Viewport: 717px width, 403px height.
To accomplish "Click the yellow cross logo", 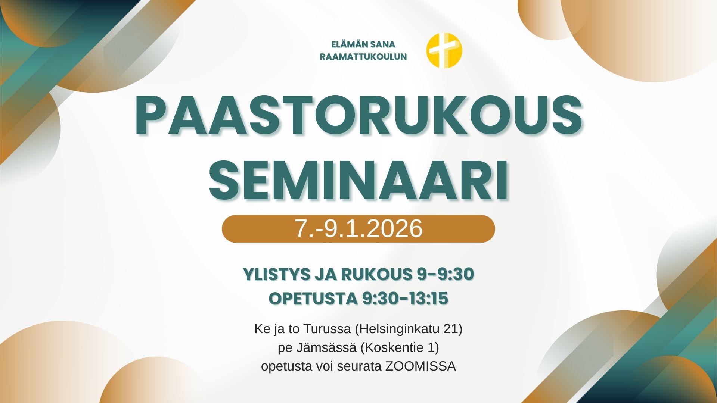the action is (x=444, y=50).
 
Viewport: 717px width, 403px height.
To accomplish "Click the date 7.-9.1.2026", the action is (x=358, y=228).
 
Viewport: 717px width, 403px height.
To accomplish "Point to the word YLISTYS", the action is (x=277, y=274).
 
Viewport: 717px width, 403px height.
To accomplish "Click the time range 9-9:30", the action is (x=445, y=274).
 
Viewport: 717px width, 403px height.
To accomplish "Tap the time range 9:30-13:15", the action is (x=405, y=299).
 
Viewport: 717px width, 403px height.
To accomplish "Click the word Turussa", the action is (x=327, y=329).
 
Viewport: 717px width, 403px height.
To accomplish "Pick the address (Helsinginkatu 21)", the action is (x=409, y=329).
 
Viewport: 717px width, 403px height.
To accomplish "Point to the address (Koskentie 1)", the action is (x=400, y=348).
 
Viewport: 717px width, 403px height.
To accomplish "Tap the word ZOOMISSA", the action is (x=420, y=366).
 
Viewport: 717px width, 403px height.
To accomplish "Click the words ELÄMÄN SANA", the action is (x=363, y=44).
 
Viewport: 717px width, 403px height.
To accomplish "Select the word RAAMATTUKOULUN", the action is (x=363, y=57).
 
